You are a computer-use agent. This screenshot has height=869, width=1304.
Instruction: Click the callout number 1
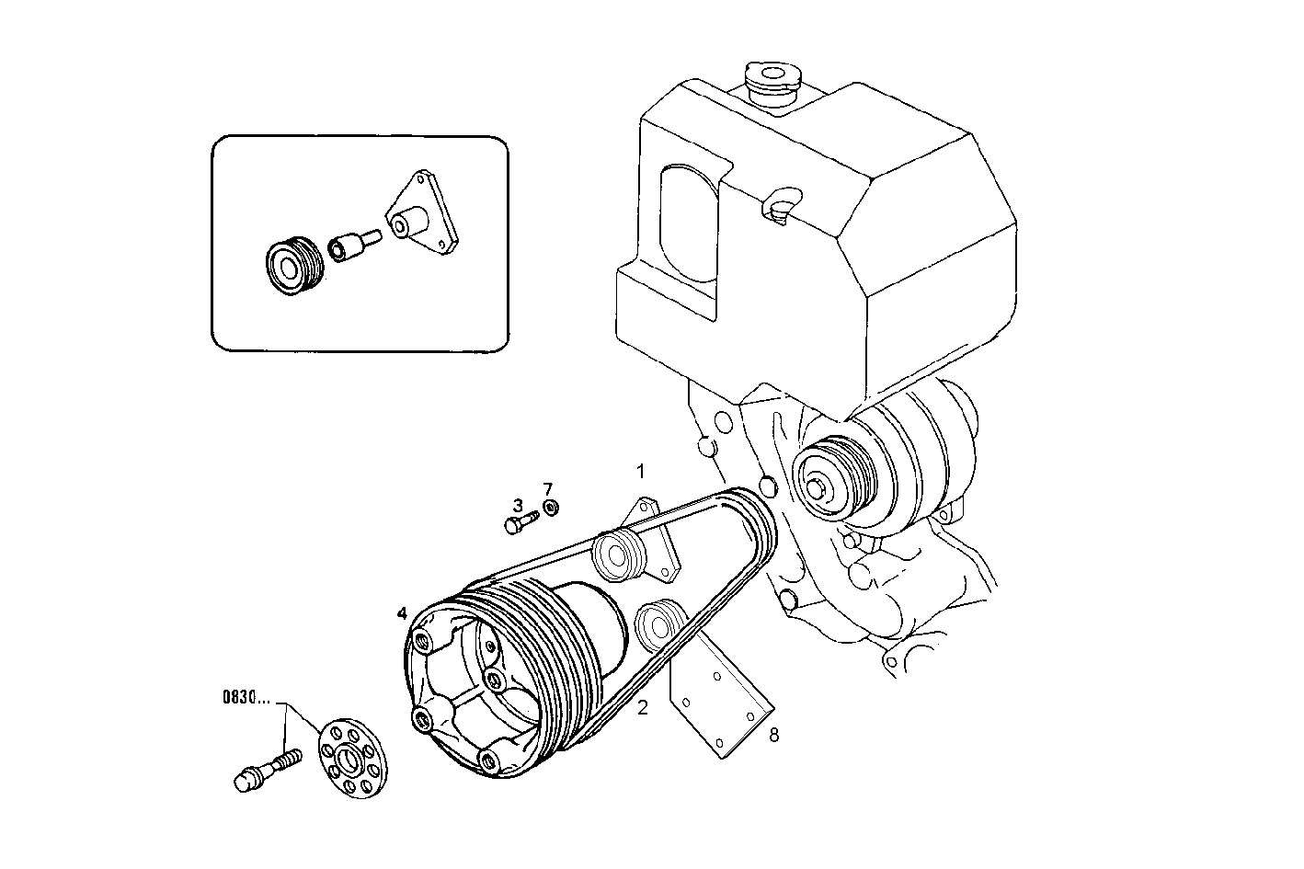point(641,471)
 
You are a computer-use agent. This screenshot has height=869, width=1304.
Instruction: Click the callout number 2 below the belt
point(643,707)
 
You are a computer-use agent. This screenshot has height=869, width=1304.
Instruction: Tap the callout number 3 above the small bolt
point(518,505)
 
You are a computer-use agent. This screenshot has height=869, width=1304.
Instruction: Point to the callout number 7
point(548,487)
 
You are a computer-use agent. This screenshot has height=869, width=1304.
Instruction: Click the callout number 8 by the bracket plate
point(773,735)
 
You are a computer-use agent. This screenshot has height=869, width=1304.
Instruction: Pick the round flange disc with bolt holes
point(353,757)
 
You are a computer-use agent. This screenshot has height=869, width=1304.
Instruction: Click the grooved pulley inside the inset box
point(289,265)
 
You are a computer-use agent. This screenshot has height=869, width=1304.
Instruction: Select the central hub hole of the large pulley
point(496,680)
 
